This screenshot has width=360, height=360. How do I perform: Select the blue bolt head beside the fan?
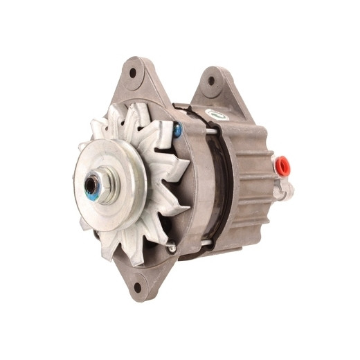point(179,128)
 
